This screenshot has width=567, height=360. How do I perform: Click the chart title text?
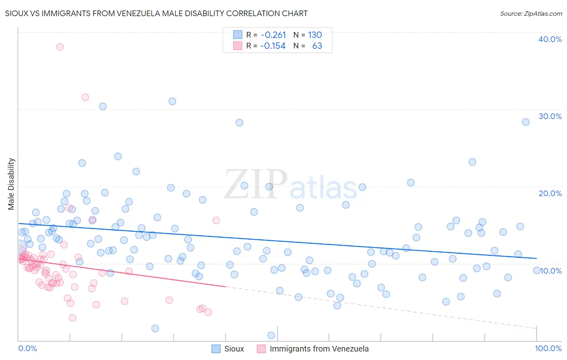156,14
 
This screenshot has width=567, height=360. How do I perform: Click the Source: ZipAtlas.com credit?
531,14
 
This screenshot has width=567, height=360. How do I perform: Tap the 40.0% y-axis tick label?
550,39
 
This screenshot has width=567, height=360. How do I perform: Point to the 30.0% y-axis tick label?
550,116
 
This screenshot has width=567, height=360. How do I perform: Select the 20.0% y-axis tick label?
550,193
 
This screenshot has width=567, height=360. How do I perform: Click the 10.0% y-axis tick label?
551,271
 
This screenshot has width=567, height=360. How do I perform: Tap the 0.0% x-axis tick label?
27,348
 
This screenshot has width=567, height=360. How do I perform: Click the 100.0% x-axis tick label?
548,348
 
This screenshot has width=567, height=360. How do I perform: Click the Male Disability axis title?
11,184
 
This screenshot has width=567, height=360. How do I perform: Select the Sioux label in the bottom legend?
234,349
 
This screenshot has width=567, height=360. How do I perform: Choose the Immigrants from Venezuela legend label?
319,349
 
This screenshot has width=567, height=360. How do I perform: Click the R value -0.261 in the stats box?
273,35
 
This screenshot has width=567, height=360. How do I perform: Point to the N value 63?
317,46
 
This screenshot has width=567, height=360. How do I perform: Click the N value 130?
315,35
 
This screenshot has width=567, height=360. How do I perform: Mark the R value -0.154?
273,46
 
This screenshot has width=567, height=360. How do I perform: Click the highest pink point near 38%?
60,47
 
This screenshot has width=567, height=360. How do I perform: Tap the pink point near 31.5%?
85,97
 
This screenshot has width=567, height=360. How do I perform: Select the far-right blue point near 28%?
525,122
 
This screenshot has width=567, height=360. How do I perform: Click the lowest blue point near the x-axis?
271,335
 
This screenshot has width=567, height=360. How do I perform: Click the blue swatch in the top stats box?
238,35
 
